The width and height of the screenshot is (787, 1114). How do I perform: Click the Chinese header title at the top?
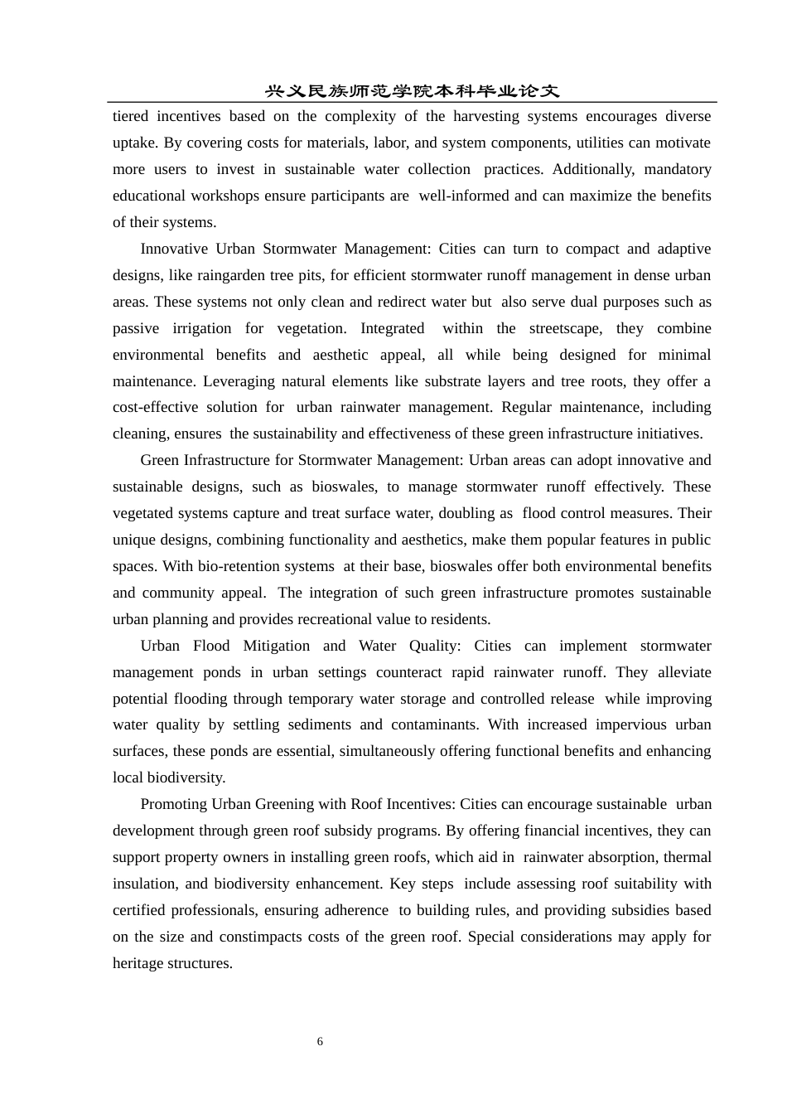412,91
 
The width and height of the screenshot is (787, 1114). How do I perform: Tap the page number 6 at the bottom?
320,1042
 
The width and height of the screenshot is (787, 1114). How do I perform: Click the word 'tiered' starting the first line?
131,116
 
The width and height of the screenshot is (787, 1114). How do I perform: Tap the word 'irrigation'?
202,328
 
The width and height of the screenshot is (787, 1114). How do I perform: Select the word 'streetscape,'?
566,328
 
